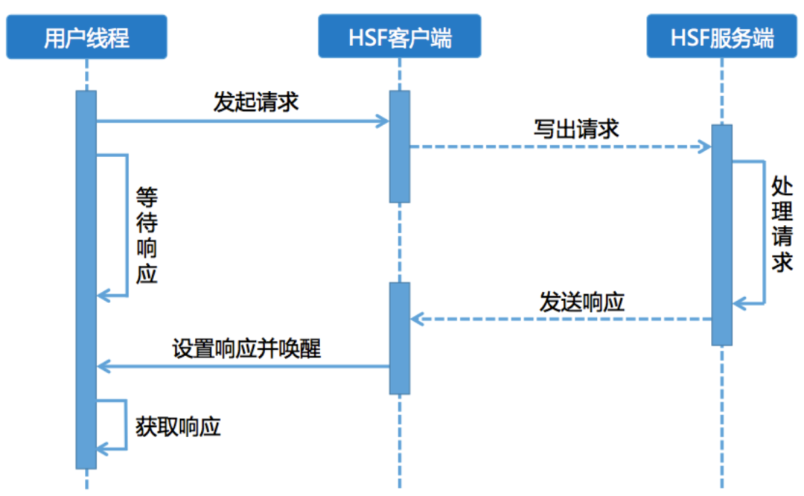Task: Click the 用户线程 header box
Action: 86,37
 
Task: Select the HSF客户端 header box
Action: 400,37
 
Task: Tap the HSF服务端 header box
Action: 721,37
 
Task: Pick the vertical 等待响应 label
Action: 147,235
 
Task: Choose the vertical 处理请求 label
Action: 782,224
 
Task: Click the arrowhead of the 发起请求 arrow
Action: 383,121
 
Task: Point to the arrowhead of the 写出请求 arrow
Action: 705,147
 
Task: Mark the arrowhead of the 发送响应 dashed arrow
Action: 417,319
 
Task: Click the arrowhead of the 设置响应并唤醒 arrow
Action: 103,366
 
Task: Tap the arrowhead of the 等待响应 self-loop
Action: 103,296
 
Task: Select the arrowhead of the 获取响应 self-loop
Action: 103,448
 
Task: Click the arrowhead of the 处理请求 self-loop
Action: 738,304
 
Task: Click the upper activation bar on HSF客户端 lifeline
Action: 400,146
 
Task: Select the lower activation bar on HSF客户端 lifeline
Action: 400,337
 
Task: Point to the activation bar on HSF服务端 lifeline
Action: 721,235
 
